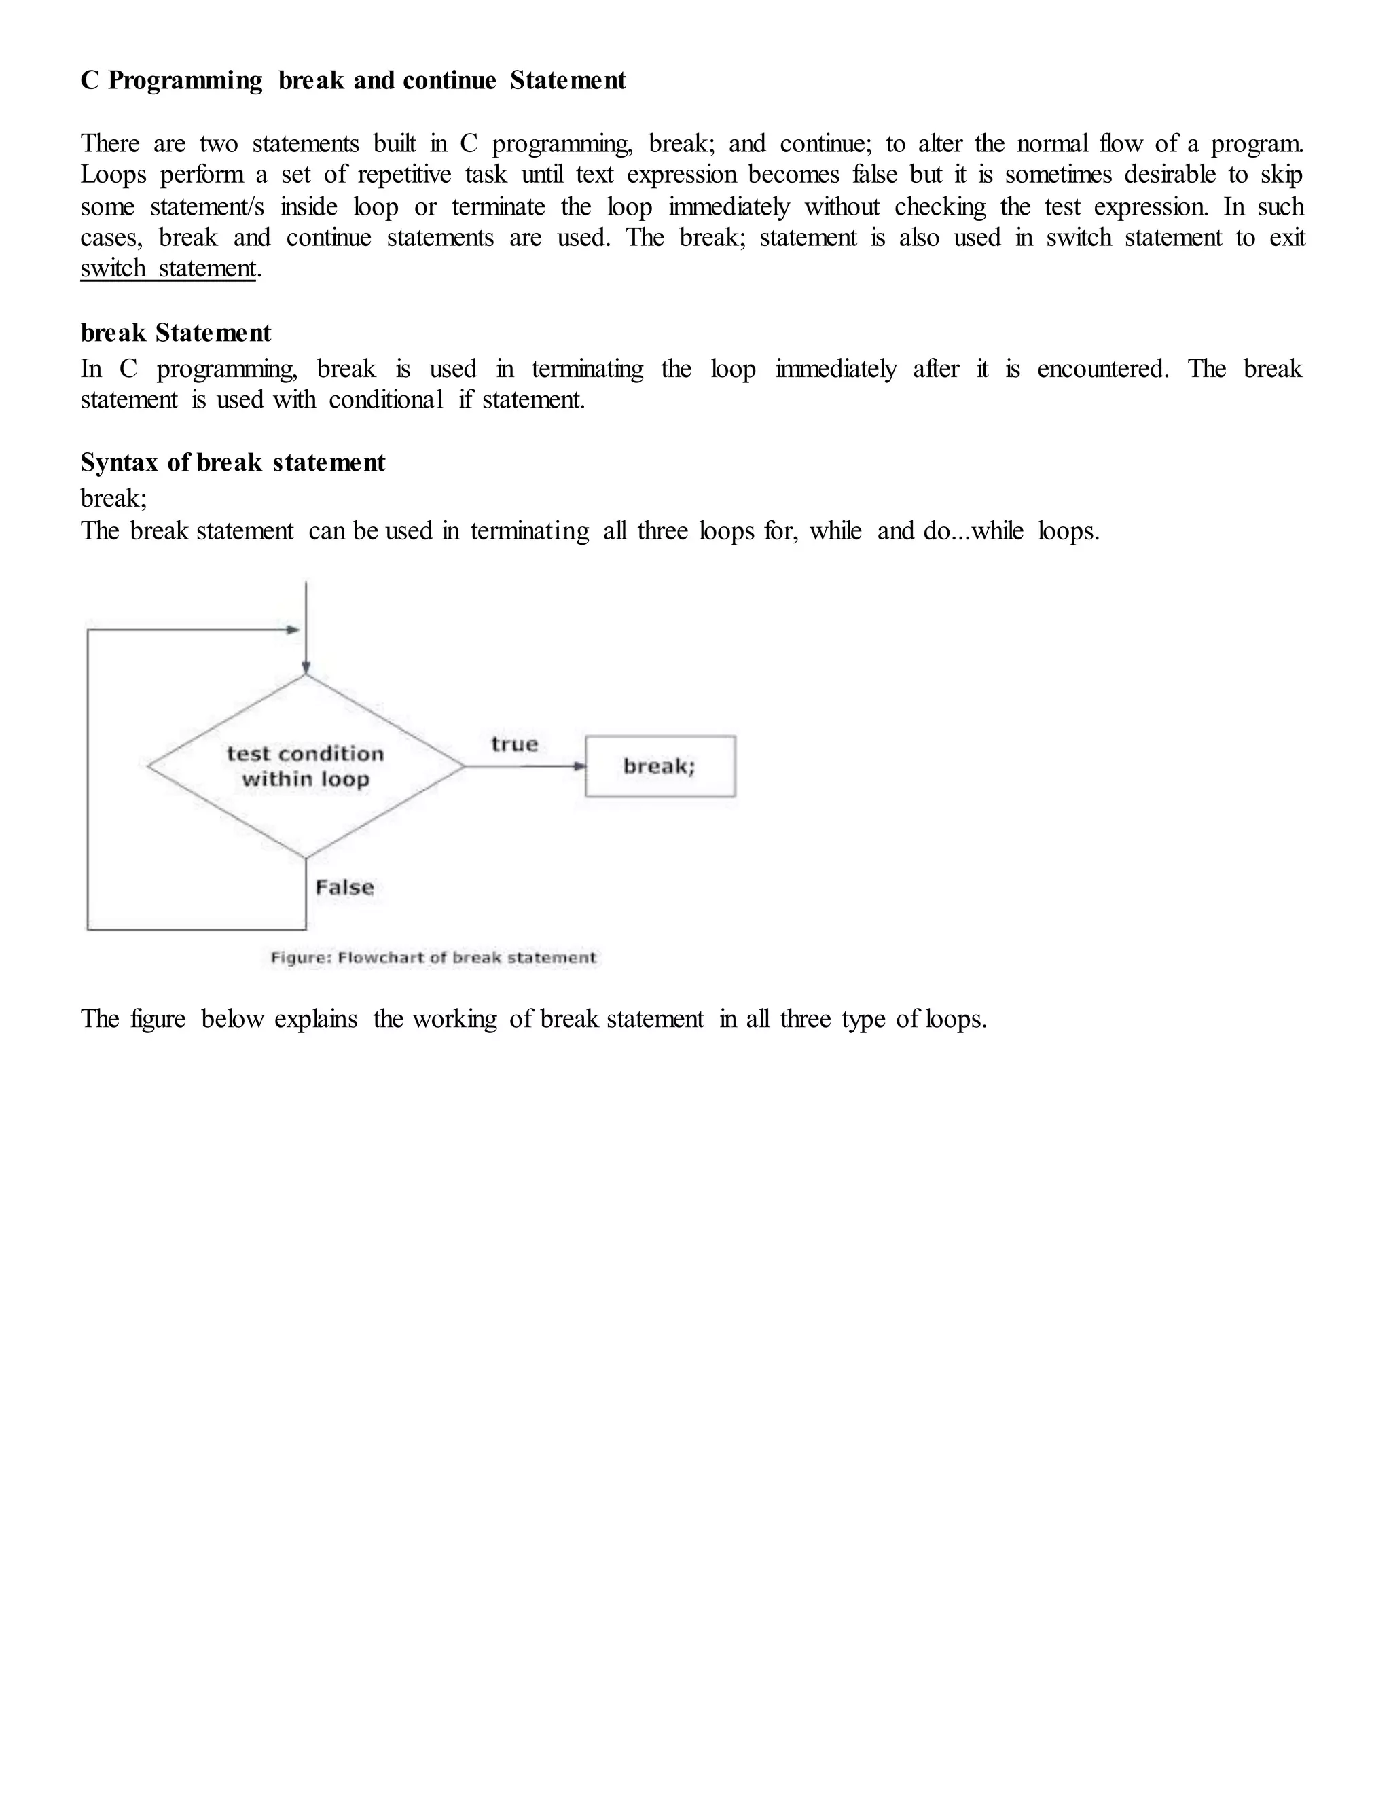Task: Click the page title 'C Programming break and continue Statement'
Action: (x=353, y=81)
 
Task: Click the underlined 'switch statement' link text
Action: (x=168, y=269)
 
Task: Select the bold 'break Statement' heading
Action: (x=175, y=333)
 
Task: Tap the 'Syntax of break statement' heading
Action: (x=232, y=463)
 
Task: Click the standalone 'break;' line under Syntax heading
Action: (x=113, y=499)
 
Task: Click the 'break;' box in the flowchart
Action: (x=660, y=766)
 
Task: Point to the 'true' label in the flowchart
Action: (x=514, y=744)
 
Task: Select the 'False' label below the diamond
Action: (x=344, y=888)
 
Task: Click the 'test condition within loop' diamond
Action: (x=306, y=766)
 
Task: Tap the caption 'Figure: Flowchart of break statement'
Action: (x=433, y=958)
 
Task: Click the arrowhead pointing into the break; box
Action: (x=580, y=766)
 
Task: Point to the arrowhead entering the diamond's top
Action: (x=306, y=668)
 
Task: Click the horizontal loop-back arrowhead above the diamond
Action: (x=293, y=630)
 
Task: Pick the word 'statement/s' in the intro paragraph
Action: (x=208, y=207)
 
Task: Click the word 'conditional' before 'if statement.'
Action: (x=386, y=399)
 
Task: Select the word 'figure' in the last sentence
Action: (x=158, y=1020)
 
